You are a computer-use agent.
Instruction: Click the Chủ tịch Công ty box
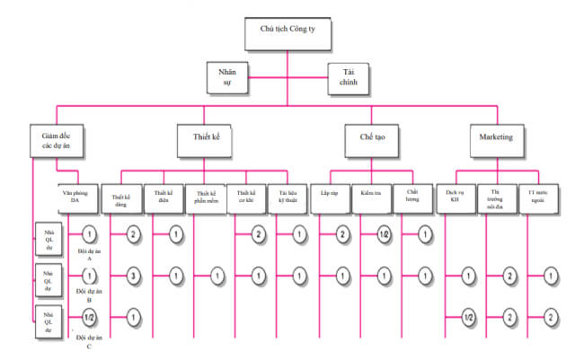coord(287,33)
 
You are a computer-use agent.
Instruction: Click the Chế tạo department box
coord(367,138)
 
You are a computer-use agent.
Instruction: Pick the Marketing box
coord(496,138)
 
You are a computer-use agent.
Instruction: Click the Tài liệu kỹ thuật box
coord(287,198)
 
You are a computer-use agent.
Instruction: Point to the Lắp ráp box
coord(330,198)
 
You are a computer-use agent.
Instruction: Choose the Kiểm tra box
coord(370,198)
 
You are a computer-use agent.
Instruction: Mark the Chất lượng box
coord(411,198)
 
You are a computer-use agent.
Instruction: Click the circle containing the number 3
coord(132,276)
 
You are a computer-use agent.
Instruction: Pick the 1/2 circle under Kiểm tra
coord(383,234)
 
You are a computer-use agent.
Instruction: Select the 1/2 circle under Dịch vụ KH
coord(466,316)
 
